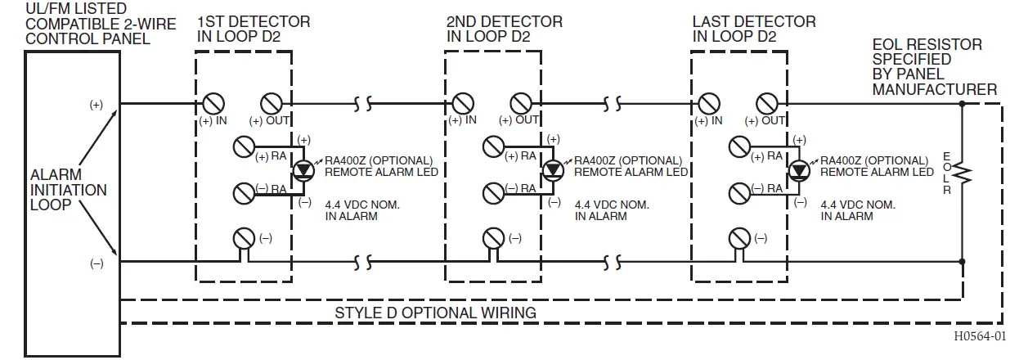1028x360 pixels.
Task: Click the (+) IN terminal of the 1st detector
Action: point(212,104)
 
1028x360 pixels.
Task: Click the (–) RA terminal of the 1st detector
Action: point(243,193)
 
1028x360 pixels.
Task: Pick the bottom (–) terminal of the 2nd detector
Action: point(492,238)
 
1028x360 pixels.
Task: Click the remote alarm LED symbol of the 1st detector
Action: point(305,170)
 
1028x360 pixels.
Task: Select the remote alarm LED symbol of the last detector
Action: point(798,170)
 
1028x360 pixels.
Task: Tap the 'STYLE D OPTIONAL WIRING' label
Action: point(435,313)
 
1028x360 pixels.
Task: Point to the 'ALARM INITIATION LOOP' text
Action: point(68,190)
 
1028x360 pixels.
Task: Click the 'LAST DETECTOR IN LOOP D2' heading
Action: point(753,29)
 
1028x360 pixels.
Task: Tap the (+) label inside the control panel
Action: point(97,105)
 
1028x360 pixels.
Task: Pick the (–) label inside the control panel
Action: point(97,263)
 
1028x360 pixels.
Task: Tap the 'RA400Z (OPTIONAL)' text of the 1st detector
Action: point(379,160)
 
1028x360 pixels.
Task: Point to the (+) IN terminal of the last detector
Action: point(707,104)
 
